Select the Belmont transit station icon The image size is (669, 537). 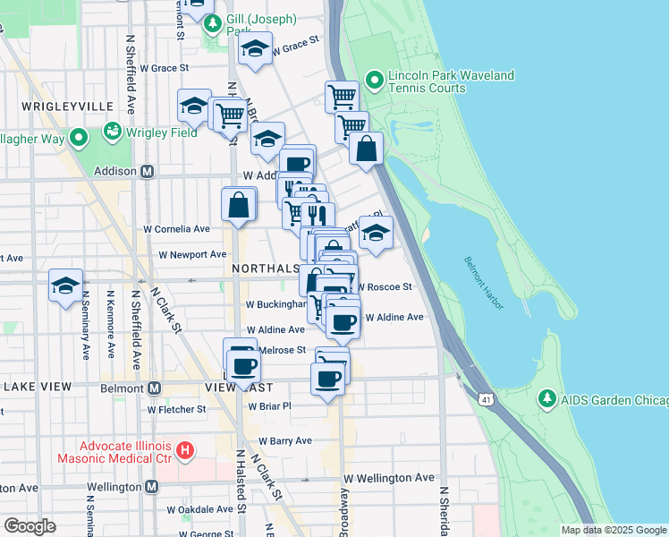[154, 388]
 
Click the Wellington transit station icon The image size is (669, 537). [151, 487]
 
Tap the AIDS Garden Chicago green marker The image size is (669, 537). [546, 396]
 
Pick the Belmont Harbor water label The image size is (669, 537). [484, 283]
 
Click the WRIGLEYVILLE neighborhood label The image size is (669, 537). [61, 106]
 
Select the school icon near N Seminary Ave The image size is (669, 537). [65, 286]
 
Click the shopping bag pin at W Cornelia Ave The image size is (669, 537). [239, 205]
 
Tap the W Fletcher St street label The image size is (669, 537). [177, 409]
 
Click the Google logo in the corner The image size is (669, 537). [30, 526]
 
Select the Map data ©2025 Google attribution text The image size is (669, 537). [613, 530]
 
